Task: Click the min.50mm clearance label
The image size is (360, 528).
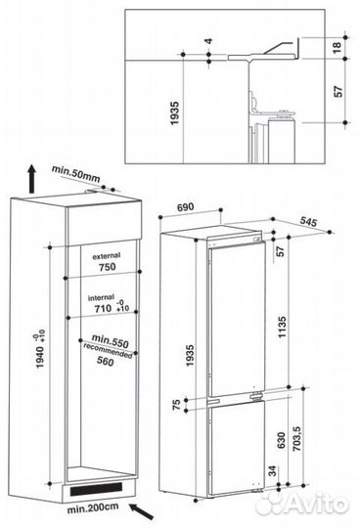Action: (x=75, y=173)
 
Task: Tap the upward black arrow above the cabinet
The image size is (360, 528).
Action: (x=32, y=179)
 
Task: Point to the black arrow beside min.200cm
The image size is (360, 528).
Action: (x=142, y=510)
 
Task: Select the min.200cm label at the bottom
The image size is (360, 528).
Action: (x=93, y=507)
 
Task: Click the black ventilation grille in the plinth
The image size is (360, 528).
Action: (x=96, y=489)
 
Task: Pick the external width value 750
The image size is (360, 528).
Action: (x=108, y=267)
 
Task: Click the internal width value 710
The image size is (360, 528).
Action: (x=103, y=308)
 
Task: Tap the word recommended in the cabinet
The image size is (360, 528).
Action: (x=108, y=351)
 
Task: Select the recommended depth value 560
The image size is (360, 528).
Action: (x=106, y=361)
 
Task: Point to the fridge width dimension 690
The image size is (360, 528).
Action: (x=185, y=206)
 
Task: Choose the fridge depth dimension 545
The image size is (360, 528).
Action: (x=308, y=222)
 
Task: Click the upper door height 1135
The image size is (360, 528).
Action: (x=282, y=327)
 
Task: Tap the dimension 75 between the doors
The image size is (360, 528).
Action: (x=176, y=404)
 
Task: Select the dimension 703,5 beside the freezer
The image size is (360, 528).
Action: (x=296, y=438)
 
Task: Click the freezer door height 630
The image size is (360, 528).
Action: (x=281, y=440)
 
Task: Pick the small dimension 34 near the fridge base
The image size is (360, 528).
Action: (x=272, y=470)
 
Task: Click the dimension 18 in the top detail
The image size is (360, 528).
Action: (x=337, y=47)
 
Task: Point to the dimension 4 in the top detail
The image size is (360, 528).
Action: (x=209, y=41)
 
